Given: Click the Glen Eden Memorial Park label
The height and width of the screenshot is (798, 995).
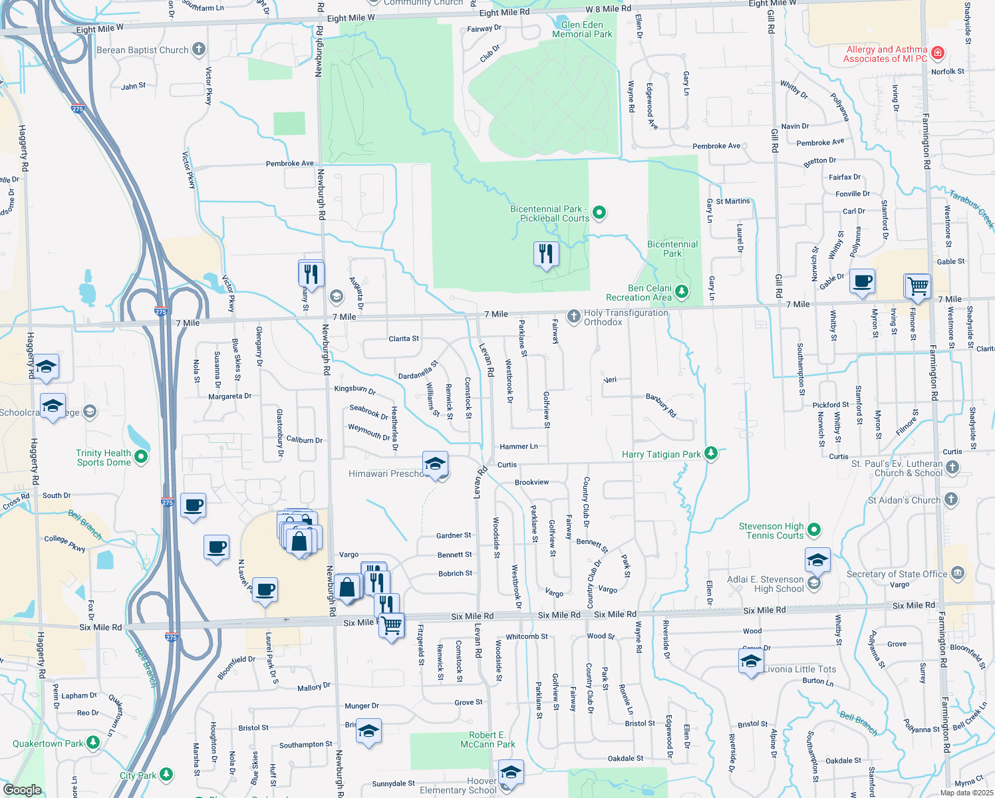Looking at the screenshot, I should tap(582, 29).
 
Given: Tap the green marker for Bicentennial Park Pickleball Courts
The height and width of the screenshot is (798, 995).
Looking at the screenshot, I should tap(599, 213).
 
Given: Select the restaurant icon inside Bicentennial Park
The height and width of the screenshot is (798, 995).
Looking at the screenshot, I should tap(545, 254).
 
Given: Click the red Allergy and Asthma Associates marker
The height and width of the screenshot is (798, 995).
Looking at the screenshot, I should tap(938, 52).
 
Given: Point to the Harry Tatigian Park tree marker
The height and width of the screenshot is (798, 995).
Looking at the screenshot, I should tap(711, 454).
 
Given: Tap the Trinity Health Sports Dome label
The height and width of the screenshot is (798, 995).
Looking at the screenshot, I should tap(103, 458).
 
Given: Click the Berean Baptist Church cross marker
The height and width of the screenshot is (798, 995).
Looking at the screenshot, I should tap(198, 49).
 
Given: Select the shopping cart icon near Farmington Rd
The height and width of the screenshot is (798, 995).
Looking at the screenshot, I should tap(918, 286).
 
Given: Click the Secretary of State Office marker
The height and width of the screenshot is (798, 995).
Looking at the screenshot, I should tap(957, 573).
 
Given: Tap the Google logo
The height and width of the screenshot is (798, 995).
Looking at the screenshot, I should tap(22, 789).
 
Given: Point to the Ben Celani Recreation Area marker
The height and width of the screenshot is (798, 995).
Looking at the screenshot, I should tap(682, 291).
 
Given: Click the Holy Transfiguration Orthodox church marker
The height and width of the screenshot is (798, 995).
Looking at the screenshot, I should tap(573, 317).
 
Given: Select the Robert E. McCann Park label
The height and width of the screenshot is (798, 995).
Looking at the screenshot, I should tap(488, 739).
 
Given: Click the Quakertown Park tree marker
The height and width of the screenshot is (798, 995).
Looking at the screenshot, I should tap(93, 743).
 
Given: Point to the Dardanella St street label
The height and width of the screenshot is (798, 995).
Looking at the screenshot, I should tap(418, 370).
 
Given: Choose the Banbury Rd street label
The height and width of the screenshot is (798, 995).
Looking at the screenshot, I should tap(661, 405).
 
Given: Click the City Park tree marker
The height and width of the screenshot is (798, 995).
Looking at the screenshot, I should tap(166, 775).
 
